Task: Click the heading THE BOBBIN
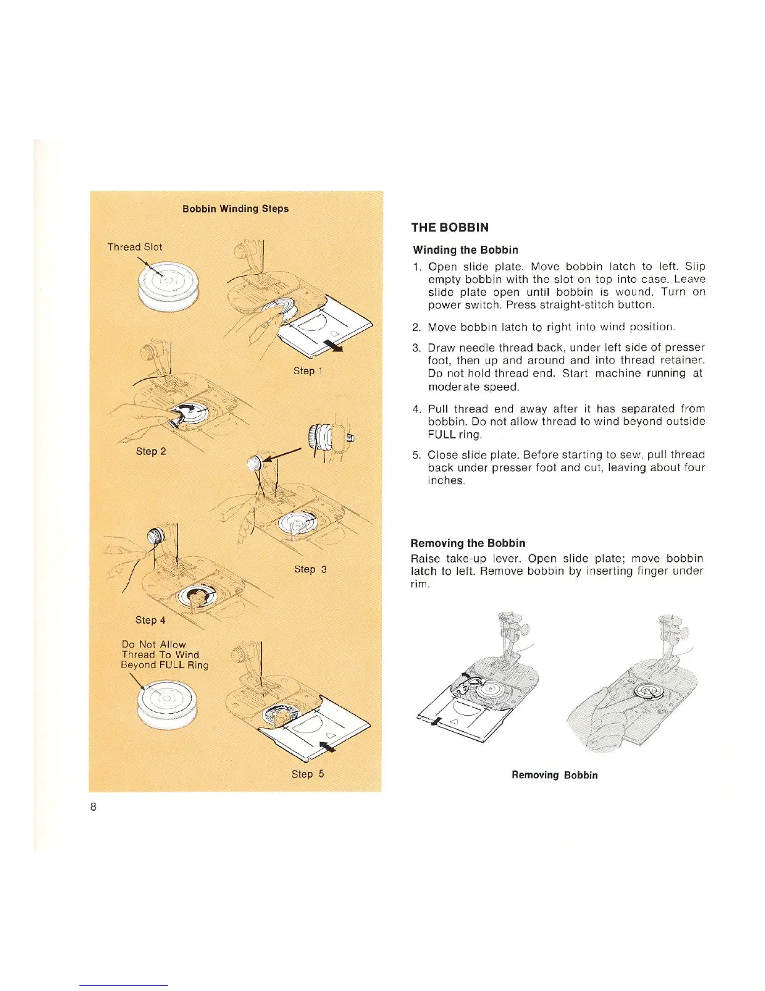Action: coord(449,228)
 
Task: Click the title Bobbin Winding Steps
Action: coord(236,209)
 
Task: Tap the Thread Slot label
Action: coord(134,247)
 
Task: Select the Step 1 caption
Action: coord(308,371)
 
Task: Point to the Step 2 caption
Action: coord(151,451)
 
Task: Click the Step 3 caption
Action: coord(311,569)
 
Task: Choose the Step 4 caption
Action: coord(151,620)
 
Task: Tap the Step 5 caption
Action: coord(307,774)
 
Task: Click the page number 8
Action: coord(93,807)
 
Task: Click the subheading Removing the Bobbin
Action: coord(467,543)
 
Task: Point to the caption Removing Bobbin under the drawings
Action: coord(554,775)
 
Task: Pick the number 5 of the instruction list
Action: coord(416,455)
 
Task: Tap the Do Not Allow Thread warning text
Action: coord(164,654)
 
